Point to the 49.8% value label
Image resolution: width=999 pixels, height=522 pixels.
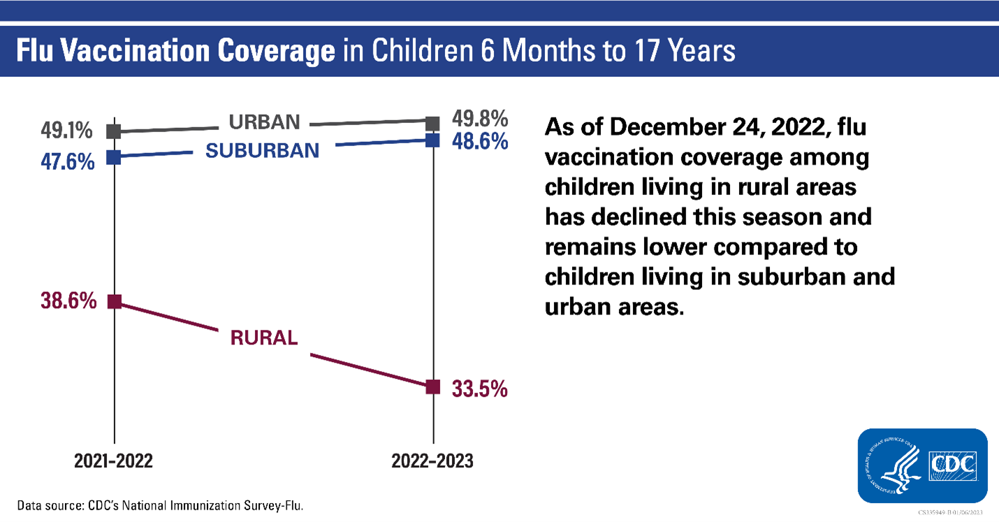(x=479, y=118)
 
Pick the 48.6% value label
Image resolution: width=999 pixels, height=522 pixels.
(x=479, y=142)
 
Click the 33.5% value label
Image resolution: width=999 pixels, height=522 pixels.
(x=479, y=389)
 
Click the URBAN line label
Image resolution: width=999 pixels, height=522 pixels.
(x=265, y=122)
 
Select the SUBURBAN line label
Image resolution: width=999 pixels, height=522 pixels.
(x=262, y=150)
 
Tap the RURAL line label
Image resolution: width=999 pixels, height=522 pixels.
(x=264, y=338)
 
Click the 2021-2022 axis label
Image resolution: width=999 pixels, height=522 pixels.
(x=114, y=461)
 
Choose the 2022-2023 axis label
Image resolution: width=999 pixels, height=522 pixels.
(x=432, y=461)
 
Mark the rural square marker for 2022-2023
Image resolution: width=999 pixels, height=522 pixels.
(x=433, y=386)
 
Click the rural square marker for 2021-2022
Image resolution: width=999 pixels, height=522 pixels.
(x=115, y=302)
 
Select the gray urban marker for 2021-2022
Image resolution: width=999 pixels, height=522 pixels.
(x=115, y=131)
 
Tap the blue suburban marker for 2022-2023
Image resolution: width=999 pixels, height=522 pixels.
(x=433, y=140)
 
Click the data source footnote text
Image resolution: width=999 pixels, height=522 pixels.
(x=160, y=505)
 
